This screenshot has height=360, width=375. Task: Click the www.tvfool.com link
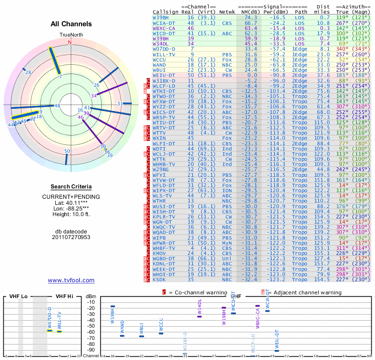point(71,280)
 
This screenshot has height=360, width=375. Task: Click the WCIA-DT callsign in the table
point(164,22)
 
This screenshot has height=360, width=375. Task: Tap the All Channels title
point(71,24)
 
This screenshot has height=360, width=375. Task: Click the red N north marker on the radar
point(70,42)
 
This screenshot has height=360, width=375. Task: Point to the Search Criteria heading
point(71,187)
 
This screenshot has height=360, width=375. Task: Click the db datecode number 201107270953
point(71,237)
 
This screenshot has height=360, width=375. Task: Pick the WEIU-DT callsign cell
point(164,75)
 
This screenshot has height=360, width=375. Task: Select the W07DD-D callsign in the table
point(164,49)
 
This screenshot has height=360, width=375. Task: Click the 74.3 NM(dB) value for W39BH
point(251,17)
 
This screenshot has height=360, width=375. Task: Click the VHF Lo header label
point(18,297)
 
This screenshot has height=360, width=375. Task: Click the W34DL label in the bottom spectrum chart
point(199,307)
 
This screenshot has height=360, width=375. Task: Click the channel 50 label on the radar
point(67,151)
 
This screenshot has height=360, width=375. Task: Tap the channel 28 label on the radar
point(28,72)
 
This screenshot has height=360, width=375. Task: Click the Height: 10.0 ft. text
point(71,215)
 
